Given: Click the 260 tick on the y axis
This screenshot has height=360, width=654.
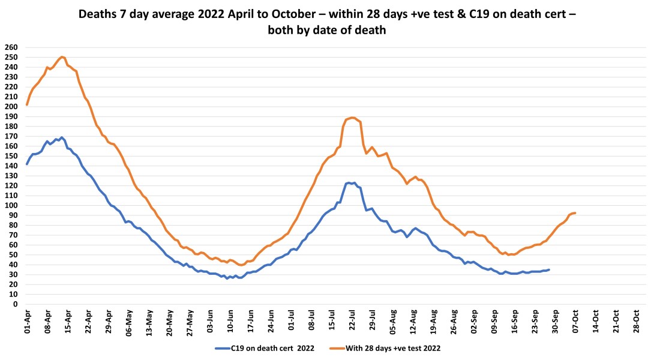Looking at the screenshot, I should point(11,47).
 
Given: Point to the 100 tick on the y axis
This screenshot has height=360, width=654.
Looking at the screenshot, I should point(11,205).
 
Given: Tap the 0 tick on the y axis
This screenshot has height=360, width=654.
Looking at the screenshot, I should point(14,304).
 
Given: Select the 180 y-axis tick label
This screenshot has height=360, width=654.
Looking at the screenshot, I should point(11,126).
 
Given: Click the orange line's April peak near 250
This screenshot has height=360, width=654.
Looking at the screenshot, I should point(62,56).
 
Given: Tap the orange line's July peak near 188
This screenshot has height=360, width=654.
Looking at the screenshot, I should point(352,118).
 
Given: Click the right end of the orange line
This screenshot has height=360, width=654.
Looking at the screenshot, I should point(575,213).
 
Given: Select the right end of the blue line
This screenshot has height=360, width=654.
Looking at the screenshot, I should point(548,269).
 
